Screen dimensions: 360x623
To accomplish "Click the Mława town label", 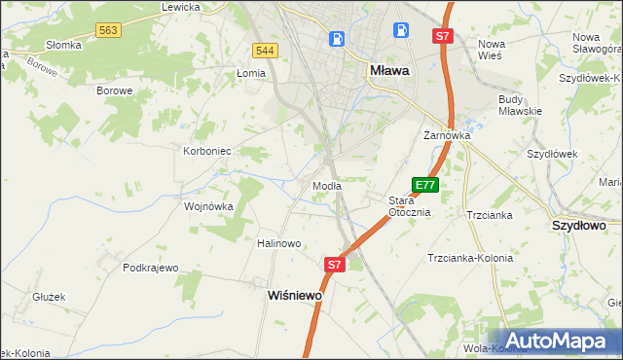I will click(x=389, y=70).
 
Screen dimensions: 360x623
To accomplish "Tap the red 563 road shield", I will click(x=109, y=32).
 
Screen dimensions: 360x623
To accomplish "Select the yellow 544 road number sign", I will click(x=263, y=50).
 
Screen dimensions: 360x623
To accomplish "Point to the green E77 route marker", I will click(x=425, y=185).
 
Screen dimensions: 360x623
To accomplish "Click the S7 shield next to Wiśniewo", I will click(x=334, y=264).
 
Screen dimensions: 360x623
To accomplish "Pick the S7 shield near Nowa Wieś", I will click(x=443, y=36).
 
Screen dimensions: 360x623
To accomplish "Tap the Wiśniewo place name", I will click(x=295, y=294).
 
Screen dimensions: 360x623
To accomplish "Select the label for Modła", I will click(x=325, y=185).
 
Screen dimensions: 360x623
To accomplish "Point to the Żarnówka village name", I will click(x=447, y=136).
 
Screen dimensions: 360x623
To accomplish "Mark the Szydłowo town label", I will click(x=579, y=225).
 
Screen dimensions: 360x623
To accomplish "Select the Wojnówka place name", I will click(x=209, y=206).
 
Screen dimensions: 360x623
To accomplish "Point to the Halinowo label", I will click(x=278, y=243).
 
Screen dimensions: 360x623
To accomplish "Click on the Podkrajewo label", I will click(x=151, y=268).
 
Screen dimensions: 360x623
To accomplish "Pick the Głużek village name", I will click(x=48, y=297).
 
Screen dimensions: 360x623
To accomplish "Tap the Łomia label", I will click(x=251, y=73).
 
